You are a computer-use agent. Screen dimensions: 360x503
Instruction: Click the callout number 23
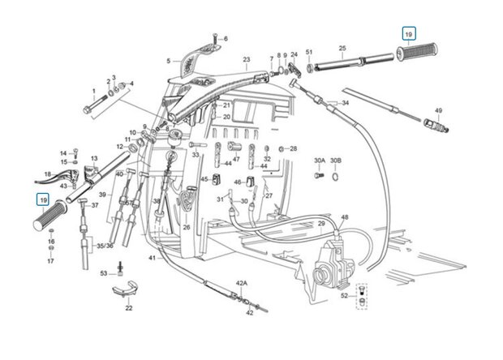pos(246,60)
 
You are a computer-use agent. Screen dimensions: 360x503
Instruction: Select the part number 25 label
pos(342,49)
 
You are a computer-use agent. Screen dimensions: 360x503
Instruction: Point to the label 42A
pos(241,283)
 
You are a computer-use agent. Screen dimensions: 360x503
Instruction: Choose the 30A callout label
pos(319,161)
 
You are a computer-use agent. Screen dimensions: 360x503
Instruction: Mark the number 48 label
pos(344,217)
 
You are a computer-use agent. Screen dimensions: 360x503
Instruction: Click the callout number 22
pos(128,309)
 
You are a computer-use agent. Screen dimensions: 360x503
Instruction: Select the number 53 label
pos(103,274)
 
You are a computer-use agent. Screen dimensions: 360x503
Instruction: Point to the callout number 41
pos(151,258)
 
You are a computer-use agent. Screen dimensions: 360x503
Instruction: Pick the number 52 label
pos(345,296)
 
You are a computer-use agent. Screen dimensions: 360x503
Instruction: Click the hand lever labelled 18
pos(48,175)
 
